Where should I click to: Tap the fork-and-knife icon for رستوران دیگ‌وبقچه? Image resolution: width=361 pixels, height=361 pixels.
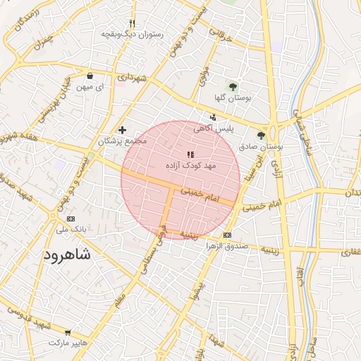click(132, 23)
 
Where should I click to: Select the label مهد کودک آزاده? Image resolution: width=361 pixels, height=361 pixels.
click(190, 165)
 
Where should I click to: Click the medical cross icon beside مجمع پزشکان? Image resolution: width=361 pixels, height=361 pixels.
click(123, 130)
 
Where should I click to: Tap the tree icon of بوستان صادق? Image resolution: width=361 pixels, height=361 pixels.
click(262, 135)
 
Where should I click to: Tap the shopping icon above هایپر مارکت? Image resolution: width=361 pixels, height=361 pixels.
click(68, 332)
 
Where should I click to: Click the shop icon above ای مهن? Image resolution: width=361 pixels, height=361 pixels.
click(90, 75)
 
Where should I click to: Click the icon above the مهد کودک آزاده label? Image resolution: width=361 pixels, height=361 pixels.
click(190, 154)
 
